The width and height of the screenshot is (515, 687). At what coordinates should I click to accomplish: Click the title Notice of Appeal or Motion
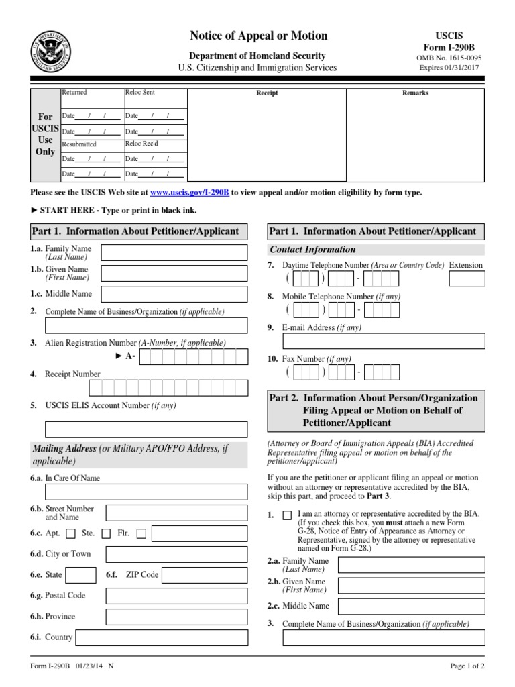click(258, 36)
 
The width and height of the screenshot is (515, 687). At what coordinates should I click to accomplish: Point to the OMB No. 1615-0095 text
click(450, 58)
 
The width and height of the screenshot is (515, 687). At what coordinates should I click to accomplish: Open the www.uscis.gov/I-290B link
click(190, 192)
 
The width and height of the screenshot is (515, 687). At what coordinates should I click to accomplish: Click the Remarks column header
click(415, 93)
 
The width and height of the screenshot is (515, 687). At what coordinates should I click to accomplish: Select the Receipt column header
click(267, 93)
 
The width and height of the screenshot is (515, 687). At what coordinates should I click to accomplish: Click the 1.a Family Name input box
click(173, 253)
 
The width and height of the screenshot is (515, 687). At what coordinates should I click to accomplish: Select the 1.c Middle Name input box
click(173, 294)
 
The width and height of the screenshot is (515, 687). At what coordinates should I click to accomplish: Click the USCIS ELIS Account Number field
click(146, 429)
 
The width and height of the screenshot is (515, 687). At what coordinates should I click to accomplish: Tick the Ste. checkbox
click(106, 534)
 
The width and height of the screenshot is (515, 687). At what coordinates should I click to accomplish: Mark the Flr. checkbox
click(141, 534)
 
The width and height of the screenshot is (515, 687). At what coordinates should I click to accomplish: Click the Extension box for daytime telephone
click(467, 278)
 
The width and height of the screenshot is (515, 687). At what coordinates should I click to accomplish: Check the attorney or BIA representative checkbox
click(287, 515)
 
